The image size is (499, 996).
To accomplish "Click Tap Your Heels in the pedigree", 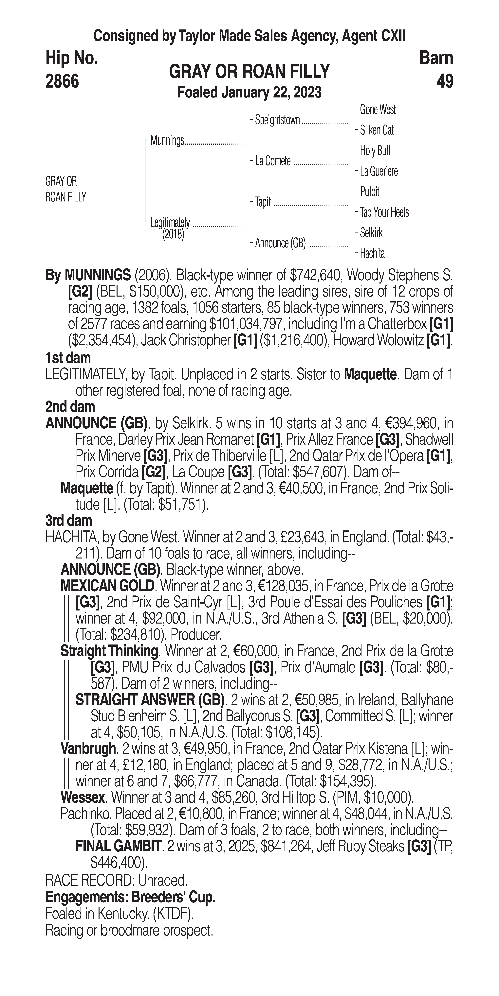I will (x=384, y=212).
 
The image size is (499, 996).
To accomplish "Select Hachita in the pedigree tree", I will (x=372, y=254).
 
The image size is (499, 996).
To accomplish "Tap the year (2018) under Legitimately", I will (x=173, y=234).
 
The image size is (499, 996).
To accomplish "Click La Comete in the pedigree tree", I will (x=273, y=161).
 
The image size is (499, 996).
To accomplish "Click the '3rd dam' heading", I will (x=68, y=521).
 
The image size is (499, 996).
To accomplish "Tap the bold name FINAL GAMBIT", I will (x=118, y=847).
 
